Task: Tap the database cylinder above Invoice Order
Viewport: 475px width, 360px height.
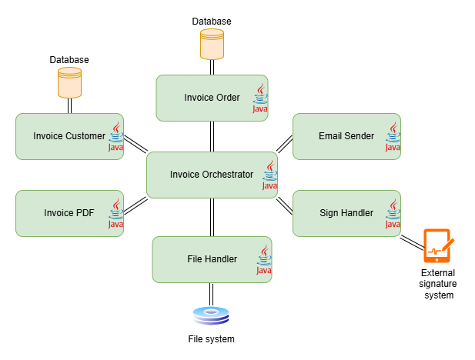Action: point(212,45)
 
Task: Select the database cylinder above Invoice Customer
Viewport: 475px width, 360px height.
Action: point(69,83)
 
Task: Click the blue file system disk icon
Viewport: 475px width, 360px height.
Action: point(211,315)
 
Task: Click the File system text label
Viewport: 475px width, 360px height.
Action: point(211,338)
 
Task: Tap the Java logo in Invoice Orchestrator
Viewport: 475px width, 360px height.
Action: point(269,175)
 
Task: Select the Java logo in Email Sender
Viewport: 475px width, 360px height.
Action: point(393,137)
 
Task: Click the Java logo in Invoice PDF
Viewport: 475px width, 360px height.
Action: point(115,214)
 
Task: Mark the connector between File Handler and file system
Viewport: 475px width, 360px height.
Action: point(211,294)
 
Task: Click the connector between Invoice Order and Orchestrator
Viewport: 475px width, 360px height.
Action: point(212,136)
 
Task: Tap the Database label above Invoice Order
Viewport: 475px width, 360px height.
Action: point(212,22)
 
